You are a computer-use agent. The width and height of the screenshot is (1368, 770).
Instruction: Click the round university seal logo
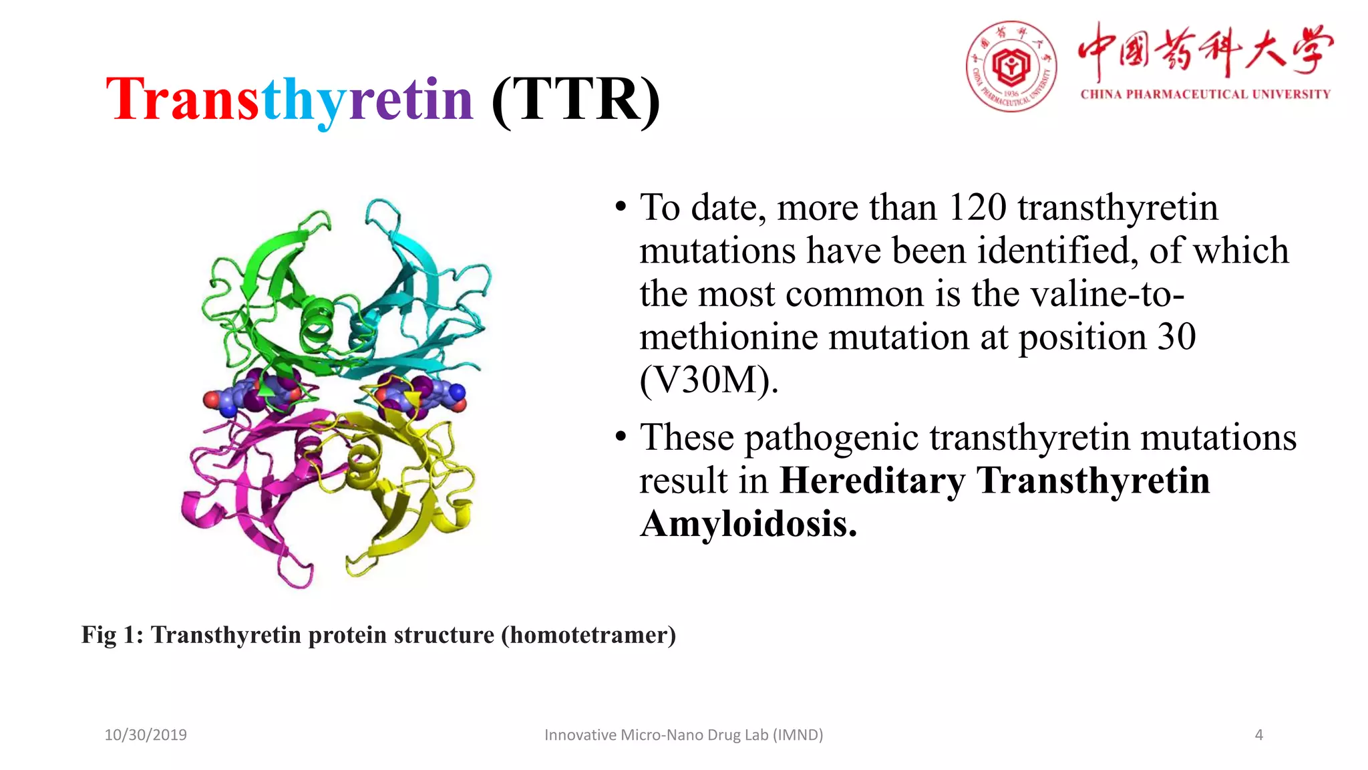coord(1011,66)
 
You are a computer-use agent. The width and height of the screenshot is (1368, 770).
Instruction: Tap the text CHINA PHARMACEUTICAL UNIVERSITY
coord(1205,94)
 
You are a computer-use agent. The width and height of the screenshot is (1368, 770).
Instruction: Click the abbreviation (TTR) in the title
coord(576,100)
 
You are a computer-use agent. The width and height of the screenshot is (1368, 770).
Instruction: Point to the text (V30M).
coord(709,381)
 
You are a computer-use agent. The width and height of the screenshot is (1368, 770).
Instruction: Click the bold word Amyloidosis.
coord(748,524)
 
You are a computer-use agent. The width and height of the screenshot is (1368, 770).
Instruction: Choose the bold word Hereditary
coord(872,481)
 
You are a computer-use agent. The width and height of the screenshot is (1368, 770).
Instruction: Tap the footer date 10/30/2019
coord(146,735)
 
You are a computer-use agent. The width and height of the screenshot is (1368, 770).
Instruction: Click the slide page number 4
coord(1258,735)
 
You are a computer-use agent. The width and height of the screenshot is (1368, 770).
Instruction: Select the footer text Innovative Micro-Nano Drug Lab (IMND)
coord(683,735)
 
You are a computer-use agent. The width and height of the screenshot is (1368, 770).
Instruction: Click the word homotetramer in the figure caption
coord(588,635)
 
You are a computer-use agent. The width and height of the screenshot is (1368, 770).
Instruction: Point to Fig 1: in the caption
coord(112,635)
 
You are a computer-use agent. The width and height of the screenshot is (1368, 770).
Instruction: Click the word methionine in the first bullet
coord(728,338)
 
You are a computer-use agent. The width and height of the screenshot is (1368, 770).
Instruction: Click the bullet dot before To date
coord(621,207)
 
